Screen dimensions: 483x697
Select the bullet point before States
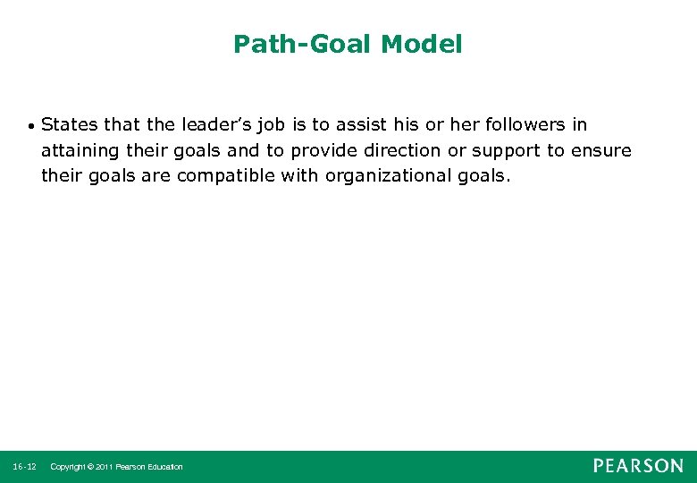pyautogui.click(x=31, y=125)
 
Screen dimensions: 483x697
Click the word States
pyautogui.click(x=69, y=124)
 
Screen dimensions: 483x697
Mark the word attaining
pyautogui.click(x=79, y=150)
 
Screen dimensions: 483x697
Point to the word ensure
pyautogui.click(x=601, y=150)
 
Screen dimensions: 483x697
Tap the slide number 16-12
pyautogui.click(x=25, y=467)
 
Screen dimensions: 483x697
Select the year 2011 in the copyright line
pyautogui.click(x=102, y=467)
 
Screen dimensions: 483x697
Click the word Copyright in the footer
pyautogui.click(x=70, y=467)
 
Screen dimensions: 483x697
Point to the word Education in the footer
pyautogui.click(x=163, y=467)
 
